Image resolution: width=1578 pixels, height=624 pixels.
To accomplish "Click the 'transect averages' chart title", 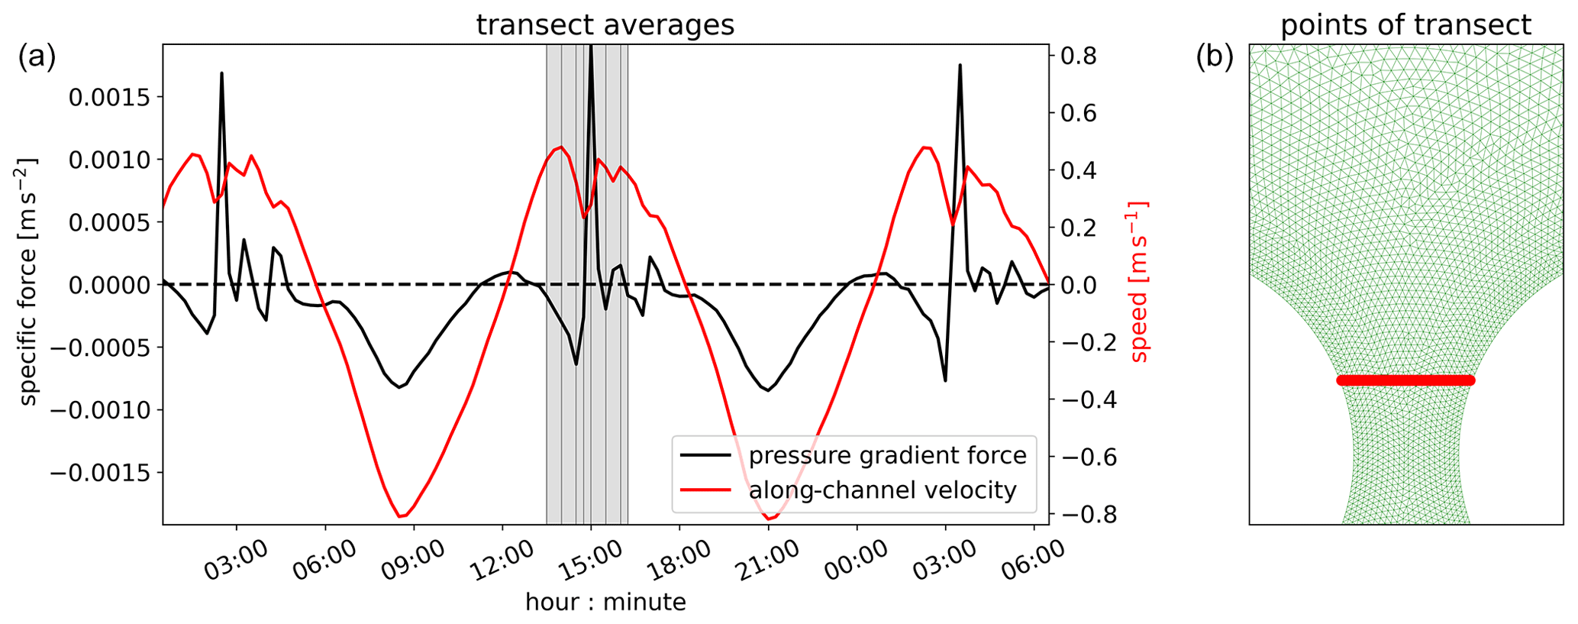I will tap(605, 25).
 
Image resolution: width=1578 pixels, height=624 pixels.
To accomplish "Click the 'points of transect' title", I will tap(1405, 25).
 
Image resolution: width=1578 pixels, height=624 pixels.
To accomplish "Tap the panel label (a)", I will tap(37, 58).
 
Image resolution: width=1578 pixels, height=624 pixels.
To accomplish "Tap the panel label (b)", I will tap(1215, 58).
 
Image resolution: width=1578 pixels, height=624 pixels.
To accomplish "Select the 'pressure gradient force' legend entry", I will tap(887, 456).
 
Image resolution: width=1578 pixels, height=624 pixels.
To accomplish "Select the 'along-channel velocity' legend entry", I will tap(883, 490).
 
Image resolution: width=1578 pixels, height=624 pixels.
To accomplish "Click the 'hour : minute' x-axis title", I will tap(605, 603).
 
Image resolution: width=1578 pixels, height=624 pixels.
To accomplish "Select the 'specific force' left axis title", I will tap(27, 283).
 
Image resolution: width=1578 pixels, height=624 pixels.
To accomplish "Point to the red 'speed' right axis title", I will tap(1138, 283).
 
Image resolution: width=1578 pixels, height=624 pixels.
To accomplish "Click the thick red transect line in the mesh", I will tap(1405, 380).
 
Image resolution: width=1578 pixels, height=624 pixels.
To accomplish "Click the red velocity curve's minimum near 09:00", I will tap(400, 517).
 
